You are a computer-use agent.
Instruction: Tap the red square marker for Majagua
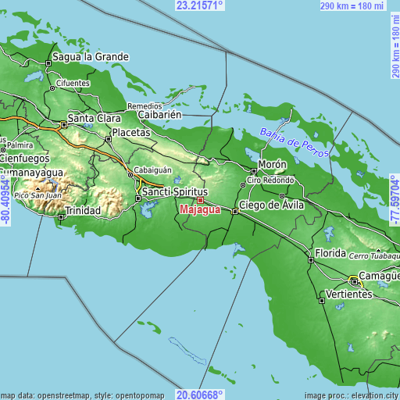point(200,201)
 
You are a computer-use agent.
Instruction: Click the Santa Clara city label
point(94,118)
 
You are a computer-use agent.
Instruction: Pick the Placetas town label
point(130,133)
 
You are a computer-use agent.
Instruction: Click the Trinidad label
point(83,211)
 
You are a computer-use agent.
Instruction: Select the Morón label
point(273,166)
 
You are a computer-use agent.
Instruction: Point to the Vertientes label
point(348,295)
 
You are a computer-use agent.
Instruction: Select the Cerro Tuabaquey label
point(373,256)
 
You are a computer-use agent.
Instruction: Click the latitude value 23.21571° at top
point(200,5)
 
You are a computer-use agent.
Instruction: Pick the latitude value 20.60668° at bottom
point(200,395)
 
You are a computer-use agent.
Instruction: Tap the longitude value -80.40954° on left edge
point(5,200)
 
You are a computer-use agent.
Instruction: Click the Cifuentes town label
point(73,83)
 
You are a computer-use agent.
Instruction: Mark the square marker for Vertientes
point(322,299)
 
